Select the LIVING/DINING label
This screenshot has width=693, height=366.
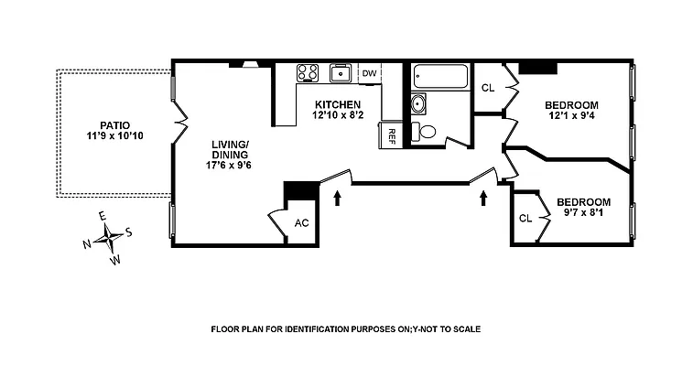click(x=230, y=149)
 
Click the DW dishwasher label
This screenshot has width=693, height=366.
click(x=369, y=73)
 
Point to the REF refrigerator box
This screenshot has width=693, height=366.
click(x=391, y=135)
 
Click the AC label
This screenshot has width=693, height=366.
click(x=301, y=223)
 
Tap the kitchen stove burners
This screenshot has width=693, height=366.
click(x=307, y=73)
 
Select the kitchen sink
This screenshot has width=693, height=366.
click(x=341, y=73)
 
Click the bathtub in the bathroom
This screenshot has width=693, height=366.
click(x=440, y=76)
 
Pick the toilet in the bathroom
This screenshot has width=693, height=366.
click(x=425, y=131)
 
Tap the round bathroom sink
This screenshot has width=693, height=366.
click(x=419, y=102)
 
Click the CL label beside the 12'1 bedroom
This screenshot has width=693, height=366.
click(x=488, y=88)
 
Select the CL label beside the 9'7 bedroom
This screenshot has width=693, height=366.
click(x=525, y=219)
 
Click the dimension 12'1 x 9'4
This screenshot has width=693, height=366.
click(x=573, y=116)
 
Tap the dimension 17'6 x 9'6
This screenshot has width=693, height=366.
click(x=230, y=166)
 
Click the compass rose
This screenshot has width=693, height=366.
click(x=110, y=238)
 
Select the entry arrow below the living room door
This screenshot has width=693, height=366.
click(x=338, y=197)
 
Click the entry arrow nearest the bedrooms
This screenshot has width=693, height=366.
click(x=483, y=197)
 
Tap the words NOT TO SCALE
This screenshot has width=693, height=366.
click(x=448, y=329)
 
